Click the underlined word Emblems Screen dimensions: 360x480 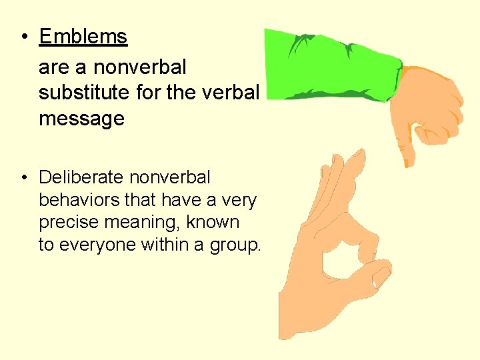tap(83, 37)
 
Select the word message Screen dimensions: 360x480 tap(81, 119)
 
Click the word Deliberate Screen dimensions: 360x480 tap(81, 177)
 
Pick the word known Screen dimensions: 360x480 tap(215, 222)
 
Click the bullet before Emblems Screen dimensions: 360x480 tap(23, 37)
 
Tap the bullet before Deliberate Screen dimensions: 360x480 tap(23, 178)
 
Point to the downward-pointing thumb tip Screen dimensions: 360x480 tap(408, 160)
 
